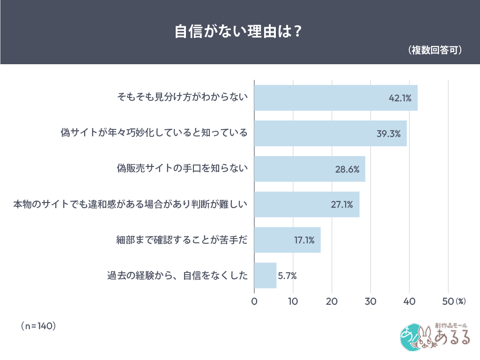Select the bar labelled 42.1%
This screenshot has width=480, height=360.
336,98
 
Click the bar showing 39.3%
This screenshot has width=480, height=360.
330,134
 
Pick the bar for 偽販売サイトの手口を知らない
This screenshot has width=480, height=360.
310,169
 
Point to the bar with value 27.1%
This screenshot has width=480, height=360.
307,204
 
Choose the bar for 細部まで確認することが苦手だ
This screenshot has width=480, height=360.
287,240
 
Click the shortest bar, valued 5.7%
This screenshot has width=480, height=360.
265,276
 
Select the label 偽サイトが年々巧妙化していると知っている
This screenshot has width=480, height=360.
154,134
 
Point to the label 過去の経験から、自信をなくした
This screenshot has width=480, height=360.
177,276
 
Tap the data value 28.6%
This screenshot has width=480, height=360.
347,169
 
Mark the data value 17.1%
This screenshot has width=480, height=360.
304,240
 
